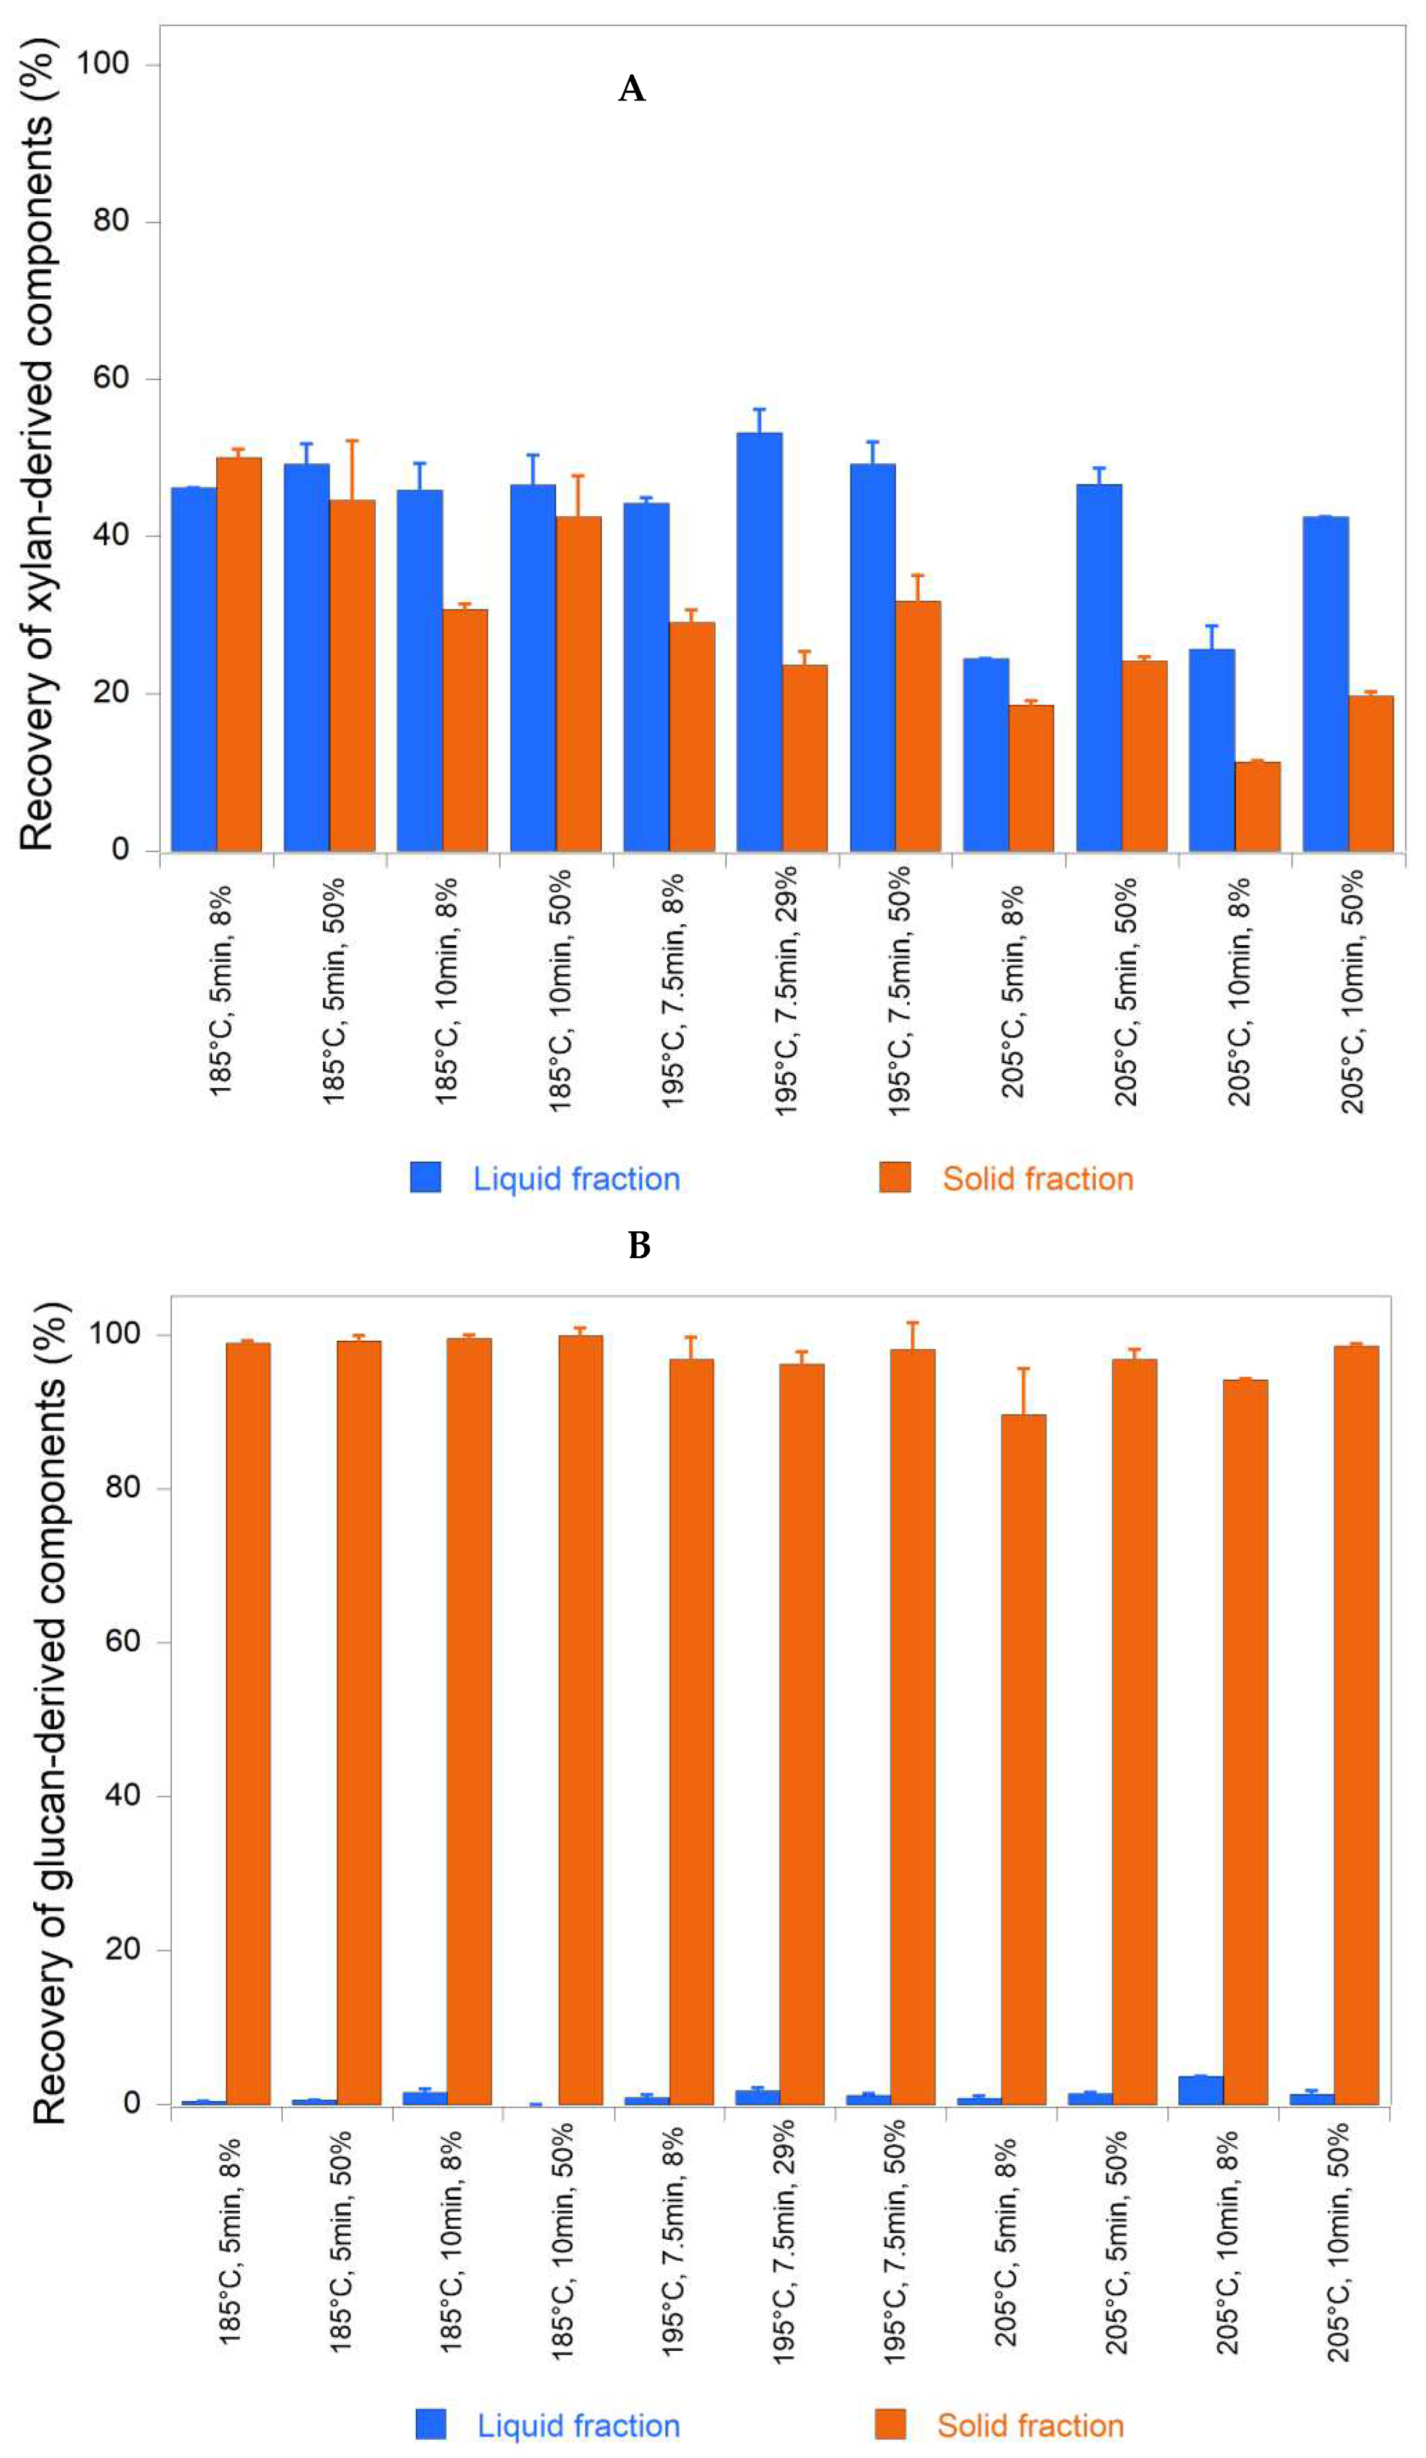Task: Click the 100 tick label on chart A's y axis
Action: pyautogui.click(x=102, y=63)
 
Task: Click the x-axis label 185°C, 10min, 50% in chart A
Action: pyautogui.click(x=559, y=990)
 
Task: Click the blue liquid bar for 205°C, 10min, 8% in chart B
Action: pyautogui.click(x=1200, y=2329)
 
